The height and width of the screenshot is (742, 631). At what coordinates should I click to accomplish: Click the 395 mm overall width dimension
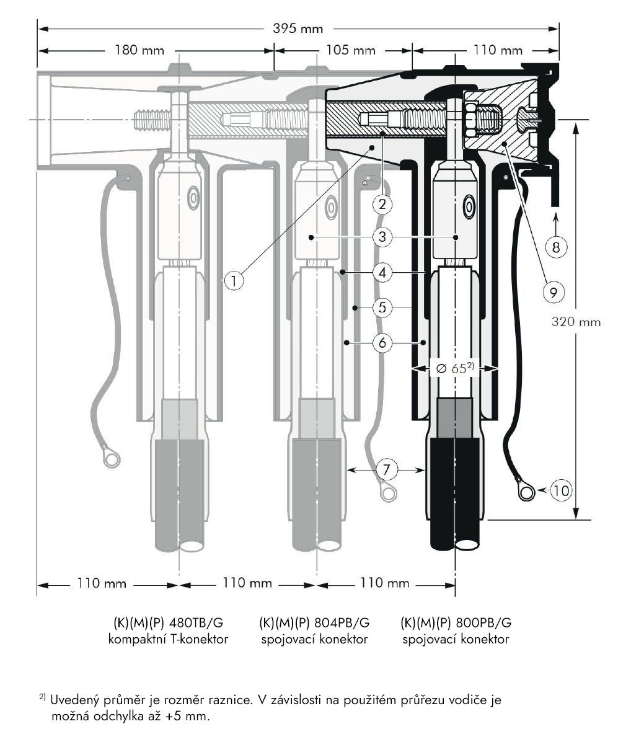point(298,28)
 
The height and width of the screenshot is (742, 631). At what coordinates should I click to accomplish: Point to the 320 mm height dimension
point(575,322)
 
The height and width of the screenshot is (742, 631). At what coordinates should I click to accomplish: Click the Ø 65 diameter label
point(455,368)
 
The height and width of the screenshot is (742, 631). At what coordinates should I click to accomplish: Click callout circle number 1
point(233,281)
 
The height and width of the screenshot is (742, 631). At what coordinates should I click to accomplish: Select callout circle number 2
point(383,203)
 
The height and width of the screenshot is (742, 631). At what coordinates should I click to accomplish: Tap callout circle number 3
point(383,237)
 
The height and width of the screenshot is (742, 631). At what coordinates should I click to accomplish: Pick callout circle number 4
point(383,272)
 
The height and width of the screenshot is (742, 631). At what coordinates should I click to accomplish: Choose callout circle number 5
point(383,307)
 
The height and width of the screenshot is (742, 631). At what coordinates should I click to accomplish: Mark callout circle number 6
point(383,342)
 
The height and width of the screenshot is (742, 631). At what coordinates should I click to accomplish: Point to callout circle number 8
point(556,247)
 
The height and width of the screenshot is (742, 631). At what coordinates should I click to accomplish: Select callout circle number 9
point(552,290)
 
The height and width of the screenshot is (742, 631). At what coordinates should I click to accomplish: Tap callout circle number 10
point(560,491)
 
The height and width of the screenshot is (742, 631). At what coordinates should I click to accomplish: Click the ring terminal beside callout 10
point(527,493)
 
